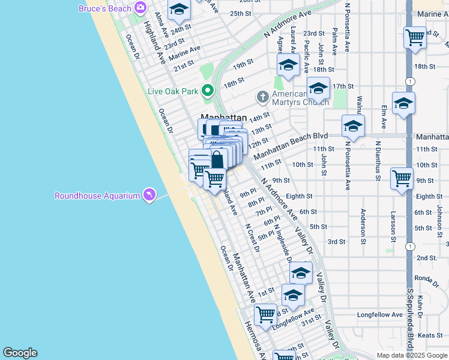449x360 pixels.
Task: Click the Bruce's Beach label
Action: tap(104, 8)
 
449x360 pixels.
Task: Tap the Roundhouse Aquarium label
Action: tap(97, 196)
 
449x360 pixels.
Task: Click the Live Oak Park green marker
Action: tap(208, 92)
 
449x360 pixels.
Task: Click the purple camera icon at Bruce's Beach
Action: tap(140, 8)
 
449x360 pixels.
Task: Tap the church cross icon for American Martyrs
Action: tap(262, 96)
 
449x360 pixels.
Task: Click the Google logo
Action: tap(20, 353)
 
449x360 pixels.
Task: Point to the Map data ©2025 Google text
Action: tap(411, 355)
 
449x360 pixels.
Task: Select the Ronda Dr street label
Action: tap(427, 278)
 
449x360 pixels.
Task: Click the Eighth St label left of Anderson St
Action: tap(299, 196)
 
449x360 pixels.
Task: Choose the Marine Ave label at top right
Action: tap(432, 14)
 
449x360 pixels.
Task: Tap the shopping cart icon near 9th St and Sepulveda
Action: tap(402, 178)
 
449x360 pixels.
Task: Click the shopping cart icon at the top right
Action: tap(415, 37)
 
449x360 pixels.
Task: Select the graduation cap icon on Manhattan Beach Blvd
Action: tap(353, 125)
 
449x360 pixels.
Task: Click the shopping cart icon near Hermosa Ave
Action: tap(265, 313)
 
